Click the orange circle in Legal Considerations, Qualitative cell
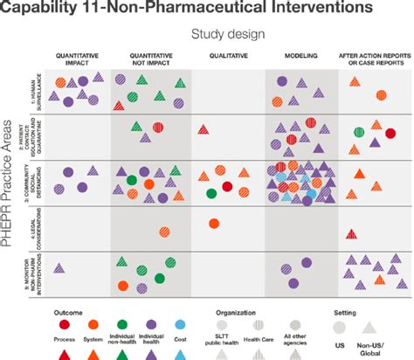[x=213, y=224]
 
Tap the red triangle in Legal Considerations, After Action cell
[x=353, y=233]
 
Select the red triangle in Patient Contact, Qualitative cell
[x=203, y=129]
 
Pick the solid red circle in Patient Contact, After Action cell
[x=390, y=133]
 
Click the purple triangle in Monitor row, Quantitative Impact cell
[x=60, y=267]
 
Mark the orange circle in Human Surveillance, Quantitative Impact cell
[x=60, y=83]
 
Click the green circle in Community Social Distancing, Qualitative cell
[x=211, y=193]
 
